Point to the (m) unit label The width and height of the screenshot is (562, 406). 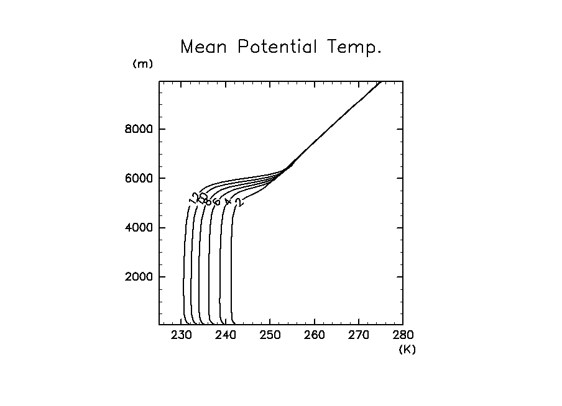coord(142,64)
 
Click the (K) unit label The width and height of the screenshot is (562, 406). coord(407,349)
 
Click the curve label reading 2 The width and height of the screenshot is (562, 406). coord(239,201)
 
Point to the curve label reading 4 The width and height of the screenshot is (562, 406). coord(228,201)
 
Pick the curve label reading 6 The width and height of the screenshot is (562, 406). coord(216,201)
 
